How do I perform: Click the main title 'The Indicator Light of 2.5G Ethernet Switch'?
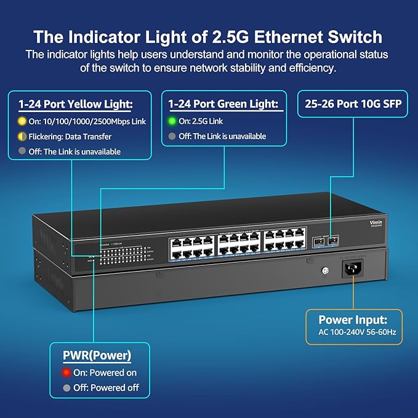coord(208,36)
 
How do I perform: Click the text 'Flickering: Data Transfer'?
coord(70,137)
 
